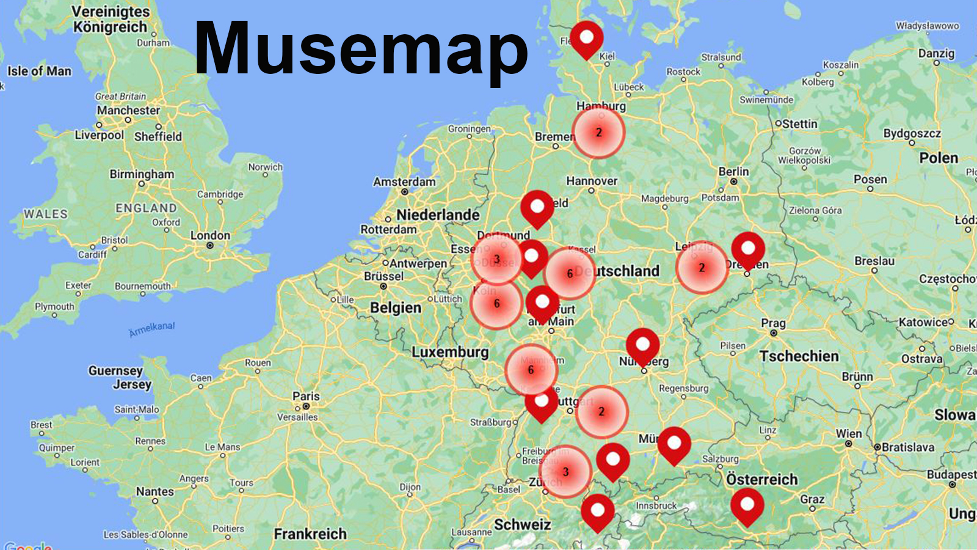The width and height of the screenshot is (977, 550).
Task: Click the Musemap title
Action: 361,49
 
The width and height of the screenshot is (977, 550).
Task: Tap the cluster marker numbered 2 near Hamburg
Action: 598,132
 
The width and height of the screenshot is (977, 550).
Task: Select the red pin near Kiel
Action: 586,38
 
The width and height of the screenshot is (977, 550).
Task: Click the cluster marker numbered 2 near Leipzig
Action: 702,268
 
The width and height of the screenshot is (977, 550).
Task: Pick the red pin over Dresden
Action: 748,249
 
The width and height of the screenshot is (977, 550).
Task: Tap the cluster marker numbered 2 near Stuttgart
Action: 601,411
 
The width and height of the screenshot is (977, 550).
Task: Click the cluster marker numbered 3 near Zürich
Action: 565,471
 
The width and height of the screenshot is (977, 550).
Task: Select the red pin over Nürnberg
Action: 642,346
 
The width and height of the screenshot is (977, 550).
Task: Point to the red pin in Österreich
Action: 747,506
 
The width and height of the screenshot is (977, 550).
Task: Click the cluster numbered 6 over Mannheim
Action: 531,370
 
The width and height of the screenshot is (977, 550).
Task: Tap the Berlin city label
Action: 733,172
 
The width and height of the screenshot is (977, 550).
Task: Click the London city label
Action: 210,235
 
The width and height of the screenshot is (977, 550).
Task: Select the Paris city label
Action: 306,396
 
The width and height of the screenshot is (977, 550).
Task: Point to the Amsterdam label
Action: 404,182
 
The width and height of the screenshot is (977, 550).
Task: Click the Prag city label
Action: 773,323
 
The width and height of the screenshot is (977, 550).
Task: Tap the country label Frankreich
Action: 310,533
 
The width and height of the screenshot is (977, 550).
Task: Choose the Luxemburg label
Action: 450,352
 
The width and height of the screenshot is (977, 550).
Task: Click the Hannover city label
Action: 592,181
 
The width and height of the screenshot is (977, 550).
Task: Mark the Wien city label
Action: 849,433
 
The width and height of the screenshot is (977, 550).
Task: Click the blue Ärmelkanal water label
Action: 152,329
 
